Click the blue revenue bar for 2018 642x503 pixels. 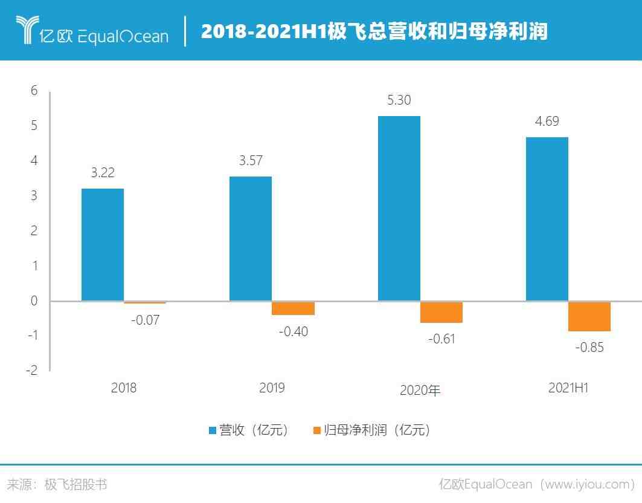tap(103, 245)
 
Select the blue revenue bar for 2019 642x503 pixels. tap(251, 239)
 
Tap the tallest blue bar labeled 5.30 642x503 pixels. tap(399, 209)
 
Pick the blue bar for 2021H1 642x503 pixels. tap(547, 219)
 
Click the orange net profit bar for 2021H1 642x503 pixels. tap(589, 316)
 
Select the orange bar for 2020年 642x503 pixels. tap(441, 312)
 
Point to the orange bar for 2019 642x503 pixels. tap(293, 308)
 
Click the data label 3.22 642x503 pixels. tap(103, 173)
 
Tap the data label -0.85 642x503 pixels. tap(589, 348)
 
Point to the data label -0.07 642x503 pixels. tap(145, 320)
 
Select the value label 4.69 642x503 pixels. tap(547, 122)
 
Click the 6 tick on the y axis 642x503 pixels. tap(34, 91)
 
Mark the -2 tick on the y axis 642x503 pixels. tap(31, 371)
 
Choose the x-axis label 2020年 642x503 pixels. tap(420, 390)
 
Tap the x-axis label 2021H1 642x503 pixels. tap(568, 388)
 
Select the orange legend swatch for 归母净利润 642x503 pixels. tap(317, 430)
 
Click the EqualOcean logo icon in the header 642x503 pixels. tap(25, 30)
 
